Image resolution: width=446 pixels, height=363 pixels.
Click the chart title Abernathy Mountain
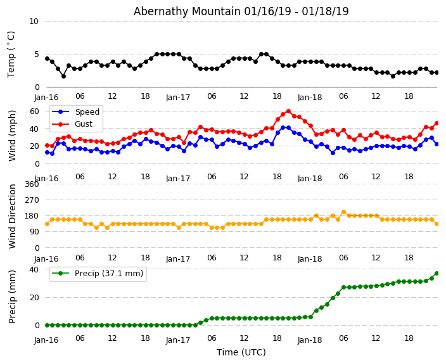pyautogui.click(x=241, y=11)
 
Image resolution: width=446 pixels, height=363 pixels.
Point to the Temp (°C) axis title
pyautogui.click(x=11, y=54)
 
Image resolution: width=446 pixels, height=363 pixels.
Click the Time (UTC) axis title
pyautogui.click(x=241, y=352)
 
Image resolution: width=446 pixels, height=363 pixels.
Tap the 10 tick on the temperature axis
pyautogui.click(x=34, y=22)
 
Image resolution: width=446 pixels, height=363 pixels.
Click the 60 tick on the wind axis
pyautogui.click(x=34, y=111)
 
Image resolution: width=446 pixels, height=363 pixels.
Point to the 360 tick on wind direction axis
pyautogui.click(x=32, y=184)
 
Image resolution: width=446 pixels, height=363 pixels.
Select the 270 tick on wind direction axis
pyautogui.click(x=32, y=200)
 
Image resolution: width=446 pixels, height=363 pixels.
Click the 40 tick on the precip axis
pyautogui.click(x=34, y=270)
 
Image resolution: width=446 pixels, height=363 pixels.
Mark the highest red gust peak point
pyautogui.click(x=288, y=111)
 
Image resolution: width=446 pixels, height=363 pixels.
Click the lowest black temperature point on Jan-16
pyautogui.click(x=63, y=76)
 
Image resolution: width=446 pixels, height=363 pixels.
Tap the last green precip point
pyautogui.click(x=436, y=273)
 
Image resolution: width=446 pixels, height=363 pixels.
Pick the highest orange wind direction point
pyautogui.click(x=343, y=212)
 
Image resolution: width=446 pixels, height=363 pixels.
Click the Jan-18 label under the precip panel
pyautogui.click(x=310, y=340)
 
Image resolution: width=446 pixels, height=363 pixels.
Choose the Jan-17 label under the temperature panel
pyautogui.click(x=178, y=98)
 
